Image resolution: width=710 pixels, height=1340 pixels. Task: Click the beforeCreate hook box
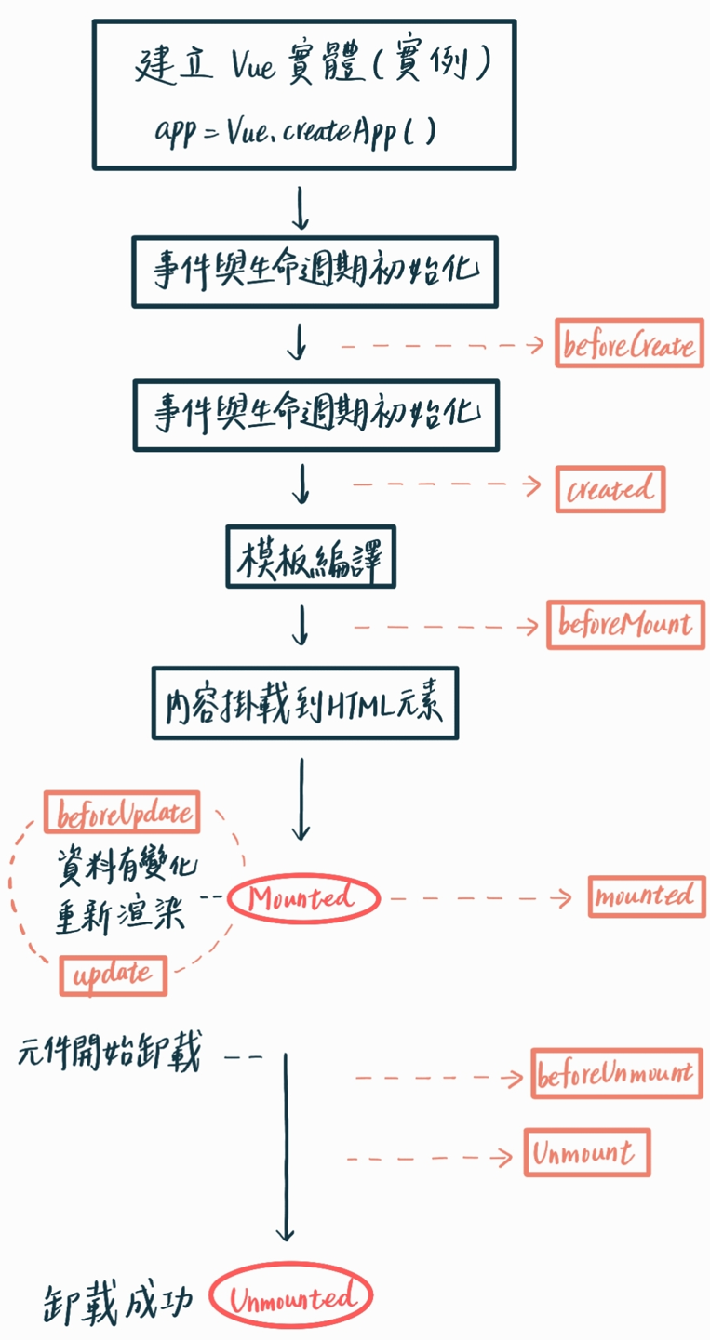pos(629,343)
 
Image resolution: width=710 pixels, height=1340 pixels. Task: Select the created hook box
pos(610,488)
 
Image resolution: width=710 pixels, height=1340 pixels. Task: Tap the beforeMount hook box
pos(625,625)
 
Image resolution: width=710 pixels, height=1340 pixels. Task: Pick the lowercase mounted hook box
pos(646,896)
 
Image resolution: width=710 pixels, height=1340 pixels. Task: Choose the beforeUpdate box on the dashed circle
pos(122,814)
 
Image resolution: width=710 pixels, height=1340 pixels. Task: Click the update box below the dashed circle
pos(113,975)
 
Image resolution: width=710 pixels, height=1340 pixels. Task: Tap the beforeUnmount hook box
pos(615,1074)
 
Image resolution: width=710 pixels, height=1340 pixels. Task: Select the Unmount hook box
pos(586,1153)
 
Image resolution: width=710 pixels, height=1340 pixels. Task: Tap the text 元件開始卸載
pos(108,1055)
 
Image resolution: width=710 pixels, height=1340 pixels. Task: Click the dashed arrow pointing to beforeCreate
pos(441,345)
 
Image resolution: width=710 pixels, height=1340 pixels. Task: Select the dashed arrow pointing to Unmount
pos(428,1158)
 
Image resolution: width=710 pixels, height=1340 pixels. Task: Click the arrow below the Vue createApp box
pos(300,208)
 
